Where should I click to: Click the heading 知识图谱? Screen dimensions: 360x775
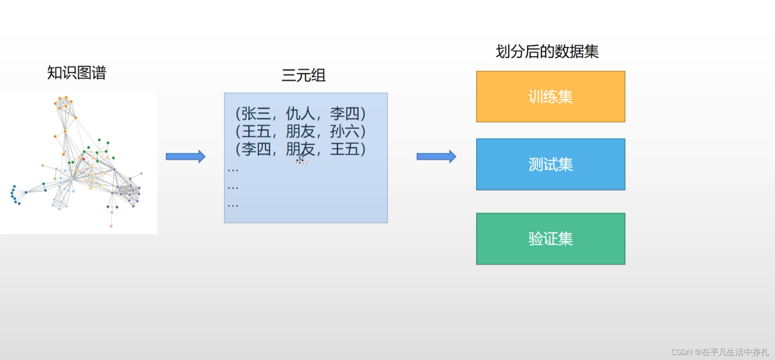pos(76,73)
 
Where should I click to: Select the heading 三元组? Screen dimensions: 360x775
pos(303,76)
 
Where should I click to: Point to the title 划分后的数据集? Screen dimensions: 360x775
pos(547,51)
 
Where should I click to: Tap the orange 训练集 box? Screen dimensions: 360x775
pos(550,97)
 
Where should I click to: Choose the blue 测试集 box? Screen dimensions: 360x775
pos(550,164)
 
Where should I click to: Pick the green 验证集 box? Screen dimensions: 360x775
pos(550,239)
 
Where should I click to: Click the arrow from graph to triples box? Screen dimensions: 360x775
pos(185,157)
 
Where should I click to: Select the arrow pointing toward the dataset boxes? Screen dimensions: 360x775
pos(436,157)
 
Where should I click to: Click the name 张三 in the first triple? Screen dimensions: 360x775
pos(256,114)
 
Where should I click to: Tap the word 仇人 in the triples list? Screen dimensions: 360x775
pos(300,114)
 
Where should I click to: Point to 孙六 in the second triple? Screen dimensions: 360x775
pos(344,131)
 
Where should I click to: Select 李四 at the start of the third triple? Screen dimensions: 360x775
pos(256,149)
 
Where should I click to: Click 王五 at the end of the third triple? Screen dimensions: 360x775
pos(344,149)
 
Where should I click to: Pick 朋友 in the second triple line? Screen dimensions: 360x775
pos(300,131)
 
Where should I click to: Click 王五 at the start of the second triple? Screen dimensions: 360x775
pos(256,131)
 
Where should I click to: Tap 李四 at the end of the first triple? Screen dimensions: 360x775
pos(344,114)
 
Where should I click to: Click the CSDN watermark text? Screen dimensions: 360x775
pos(719,352)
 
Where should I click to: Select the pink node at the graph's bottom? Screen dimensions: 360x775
pos(111,226)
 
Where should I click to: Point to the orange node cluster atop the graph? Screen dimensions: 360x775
pos(64,103)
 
